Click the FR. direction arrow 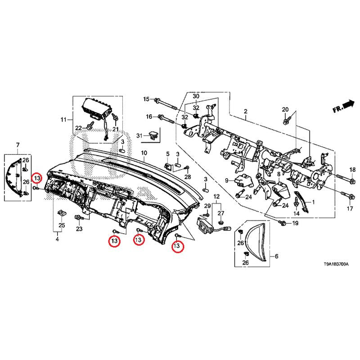point(343,107)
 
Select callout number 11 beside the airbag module point(63,120)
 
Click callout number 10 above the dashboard point(144,153)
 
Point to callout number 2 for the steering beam point(246,111)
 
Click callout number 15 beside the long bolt point(146,99)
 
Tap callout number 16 point(148,117)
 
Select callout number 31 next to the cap point(139,135)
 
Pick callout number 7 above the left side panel point(18,144)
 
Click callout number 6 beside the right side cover point(276,256)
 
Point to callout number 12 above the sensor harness point(216,197)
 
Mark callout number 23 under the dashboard point(79,229)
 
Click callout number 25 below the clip point(62,225)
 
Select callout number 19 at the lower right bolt point(295,223)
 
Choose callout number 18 point(352,169)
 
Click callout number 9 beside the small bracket point(228,180)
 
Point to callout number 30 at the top point(196,97)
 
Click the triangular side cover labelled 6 point(255,241)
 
